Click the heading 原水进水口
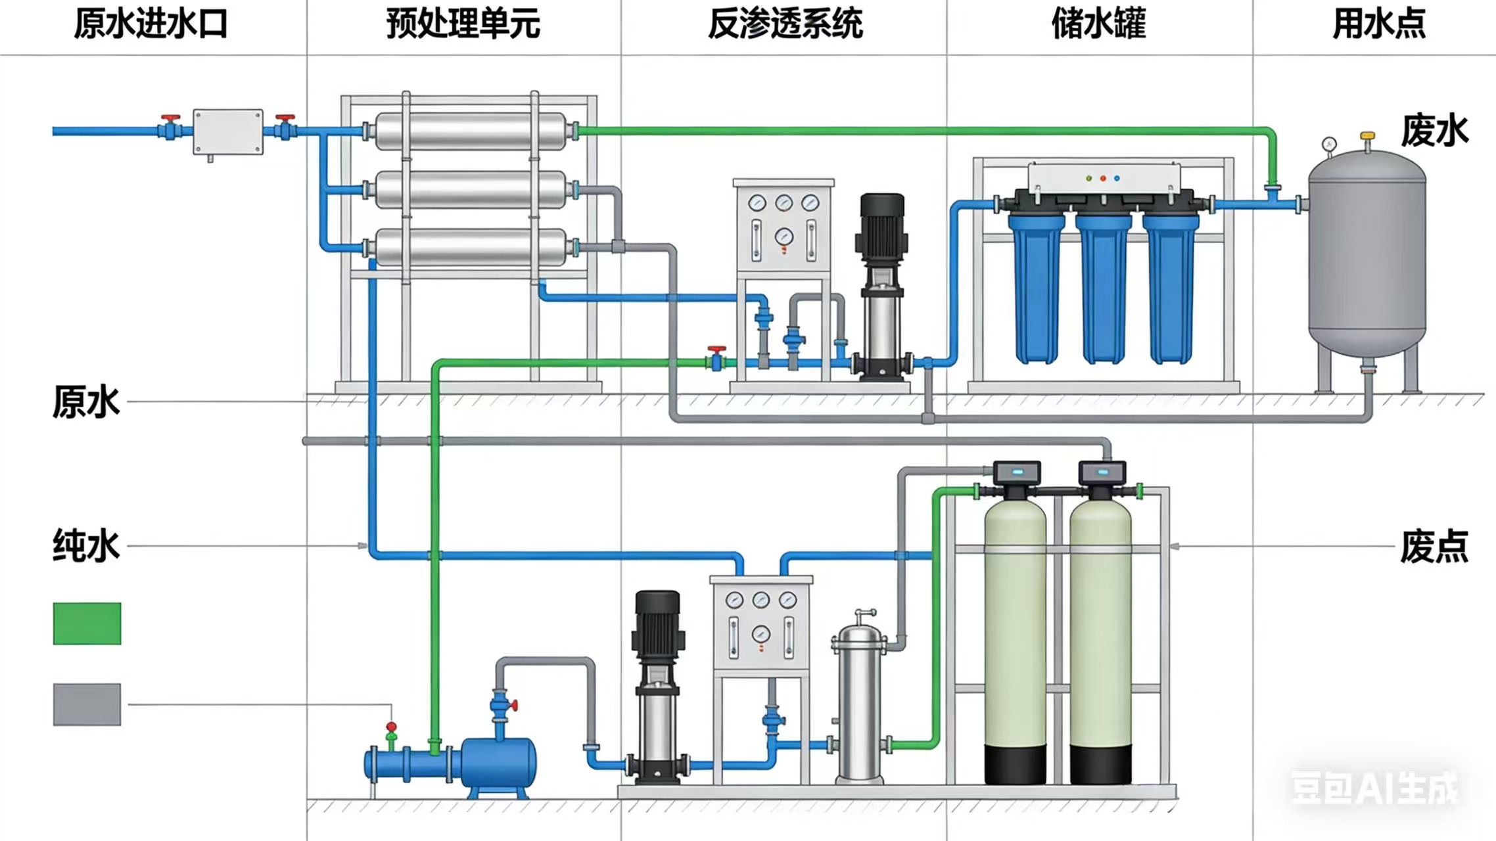[150, 24]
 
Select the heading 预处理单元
[463, 24]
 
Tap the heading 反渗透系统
[785, 24]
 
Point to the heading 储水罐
[1098, 24]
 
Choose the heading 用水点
[1378, 24]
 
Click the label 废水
[1434, 131]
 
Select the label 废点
[1434, 546]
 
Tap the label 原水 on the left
[86, 401]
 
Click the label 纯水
[86, 545]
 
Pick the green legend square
[87, 624]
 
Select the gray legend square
[87, 704]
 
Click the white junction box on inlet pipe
[227, 131]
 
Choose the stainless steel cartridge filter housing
[859, 703]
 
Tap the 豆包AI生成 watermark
[1374, 788]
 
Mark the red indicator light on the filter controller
[1103, 178]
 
